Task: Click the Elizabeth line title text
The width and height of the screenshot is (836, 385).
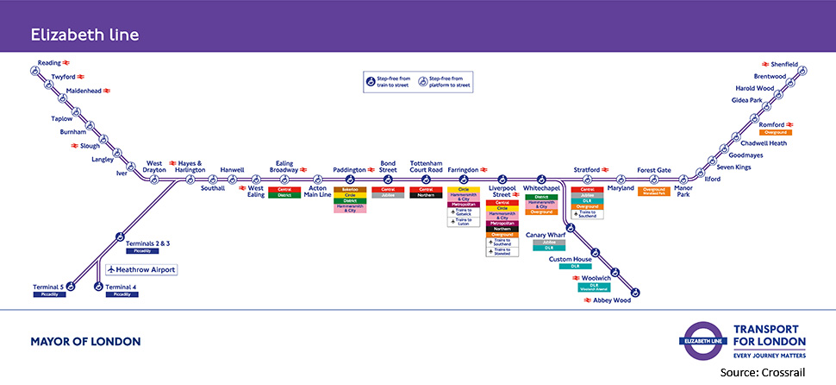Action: [x=85, y=35]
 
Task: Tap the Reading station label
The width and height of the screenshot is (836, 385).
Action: [x=48, y=63]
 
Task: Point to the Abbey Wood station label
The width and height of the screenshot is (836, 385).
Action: [x=612, y=300]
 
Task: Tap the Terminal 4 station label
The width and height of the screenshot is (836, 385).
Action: [x=122, y=287]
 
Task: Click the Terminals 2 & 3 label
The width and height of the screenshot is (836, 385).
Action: [x=147, y=244]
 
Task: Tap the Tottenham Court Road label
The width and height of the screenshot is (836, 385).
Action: [x=426, y=167]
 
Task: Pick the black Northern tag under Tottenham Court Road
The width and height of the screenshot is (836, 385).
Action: [x=426, y=195]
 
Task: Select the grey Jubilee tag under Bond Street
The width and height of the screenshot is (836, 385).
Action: [x=388, y=195]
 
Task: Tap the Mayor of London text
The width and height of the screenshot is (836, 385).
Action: [x=85, y=342]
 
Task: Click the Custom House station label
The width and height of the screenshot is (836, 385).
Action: [x=570, y=259]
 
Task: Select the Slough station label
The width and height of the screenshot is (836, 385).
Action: [x=103, y=146]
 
